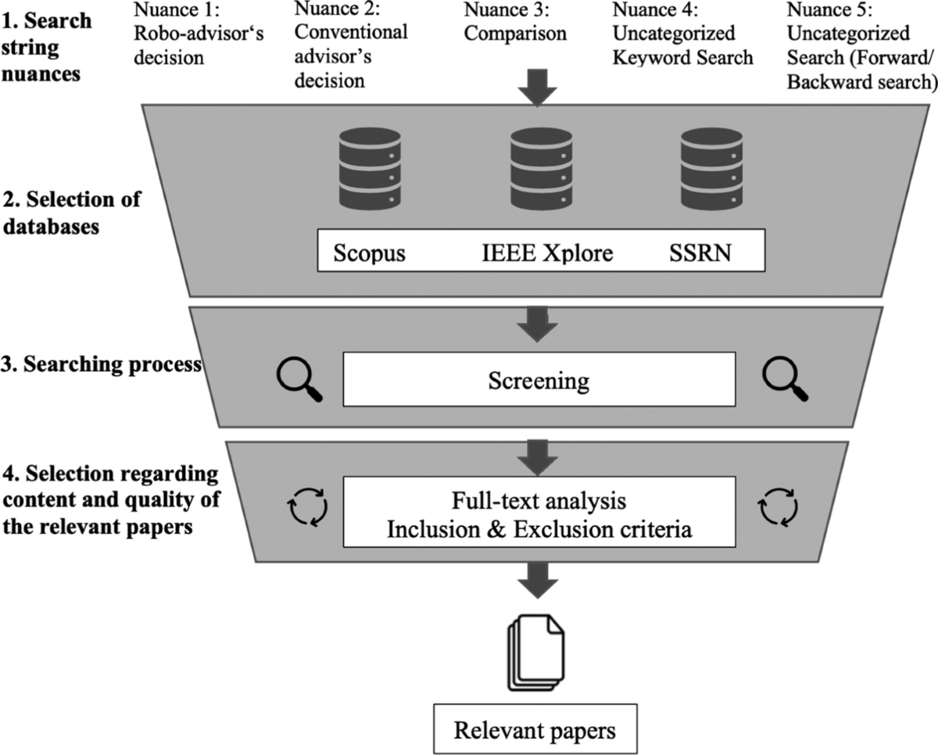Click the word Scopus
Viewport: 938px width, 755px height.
tap(370, 253)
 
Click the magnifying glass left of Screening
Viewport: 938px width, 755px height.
tap(300, 378)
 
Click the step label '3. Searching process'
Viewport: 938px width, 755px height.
tap(102, 365)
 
